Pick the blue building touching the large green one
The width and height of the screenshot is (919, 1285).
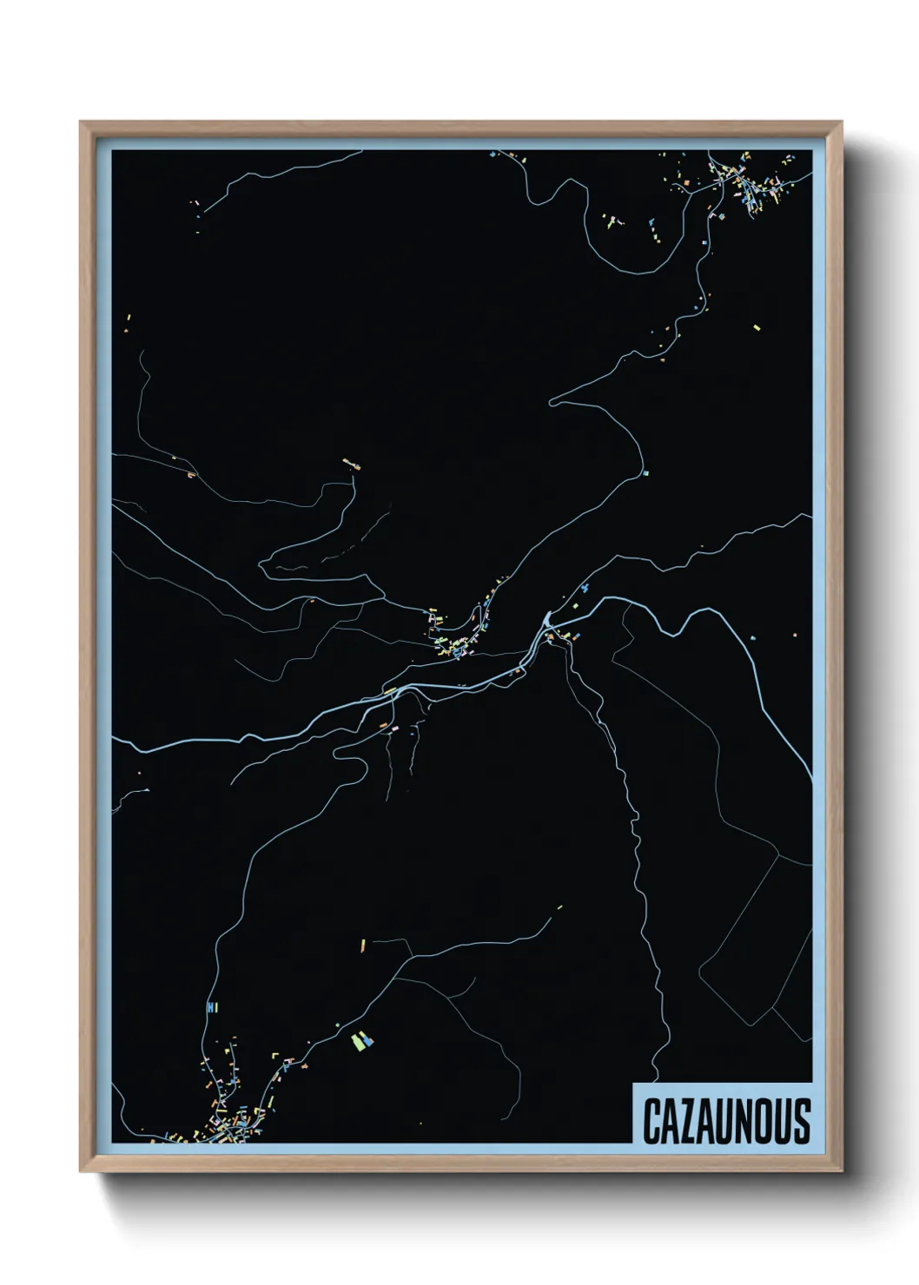pos(368,1038)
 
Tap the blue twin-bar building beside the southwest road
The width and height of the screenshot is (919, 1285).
pos(211,1007)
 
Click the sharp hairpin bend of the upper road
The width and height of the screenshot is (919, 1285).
pos(551,402)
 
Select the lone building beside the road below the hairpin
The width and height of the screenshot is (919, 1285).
pos(645,473)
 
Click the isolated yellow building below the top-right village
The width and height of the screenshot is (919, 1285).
pos(756,327)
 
